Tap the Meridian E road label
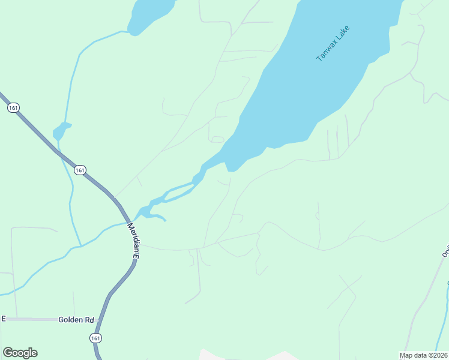(x=133, y=240)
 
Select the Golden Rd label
(x=74, y=320)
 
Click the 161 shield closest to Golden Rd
(x=96, y=338)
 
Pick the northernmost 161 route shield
(x=13, y=108)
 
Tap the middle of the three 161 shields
(x=80, y=170)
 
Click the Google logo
(x=20, y=352)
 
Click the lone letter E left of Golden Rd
(x=4, y=319)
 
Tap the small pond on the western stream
(x=61, y=130)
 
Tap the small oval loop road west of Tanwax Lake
(x=218, y=139)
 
